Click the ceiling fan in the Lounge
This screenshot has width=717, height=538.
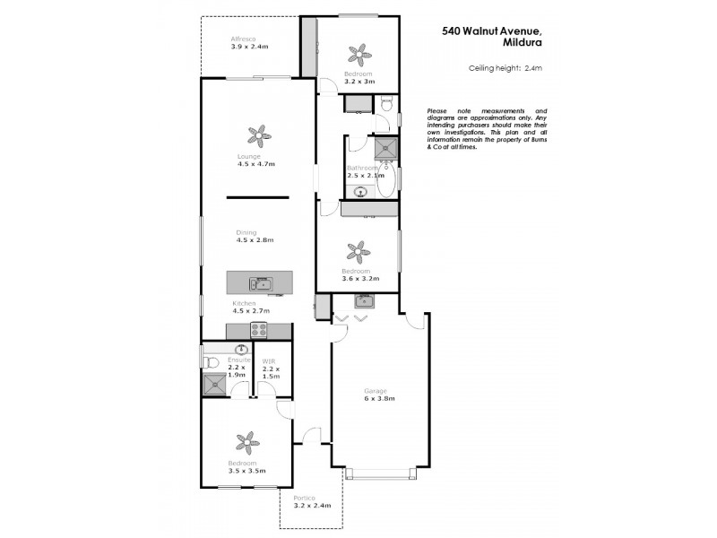click(258, 136)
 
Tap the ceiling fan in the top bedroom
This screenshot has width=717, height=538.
click(359, 53)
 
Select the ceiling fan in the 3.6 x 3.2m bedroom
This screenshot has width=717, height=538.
click(358, 250)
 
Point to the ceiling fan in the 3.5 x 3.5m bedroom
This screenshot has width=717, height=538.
click(246, 441)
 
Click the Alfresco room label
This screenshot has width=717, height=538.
click(244, 39)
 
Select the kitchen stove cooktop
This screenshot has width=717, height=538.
click(259, 329)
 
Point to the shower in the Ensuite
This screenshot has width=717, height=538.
click(215, 384)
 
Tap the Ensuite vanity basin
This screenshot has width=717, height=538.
click(241, 349)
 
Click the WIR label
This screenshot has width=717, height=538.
click(269, 360)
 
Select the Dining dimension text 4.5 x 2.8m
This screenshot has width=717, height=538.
click(255, 240)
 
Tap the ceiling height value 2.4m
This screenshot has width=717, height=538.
click(534, 68)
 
